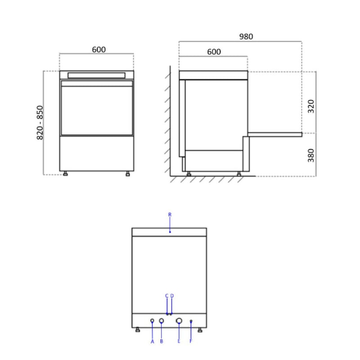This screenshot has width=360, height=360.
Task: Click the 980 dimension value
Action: (x=246, y=37)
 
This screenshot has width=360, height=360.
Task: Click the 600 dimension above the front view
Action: (x=99, y=49)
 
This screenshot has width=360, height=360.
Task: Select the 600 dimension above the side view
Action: (x=214, y=52)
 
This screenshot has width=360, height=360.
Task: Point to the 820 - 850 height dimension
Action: (x=40, y=122)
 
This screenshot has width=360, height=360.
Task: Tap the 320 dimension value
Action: (x=311, y=106)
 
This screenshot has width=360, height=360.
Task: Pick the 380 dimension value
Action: (x=311, y=155)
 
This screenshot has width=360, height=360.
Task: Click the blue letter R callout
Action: (x=170, y=215)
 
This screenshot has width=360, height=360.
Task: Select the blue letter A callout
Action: (x=152, y=342)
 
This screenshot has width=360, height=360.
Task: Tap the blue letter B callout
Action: (x=162, y=342)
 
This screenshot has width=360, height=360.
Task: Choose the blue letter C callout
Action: (x=166, y=296)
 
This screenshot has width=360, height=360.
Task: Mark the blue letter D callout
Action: (x=172, y=296)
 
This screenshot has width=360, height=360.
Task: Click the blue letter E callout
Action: (x=179, y=342)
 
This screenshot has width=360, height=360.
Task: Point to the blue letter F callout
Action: (x=191, y=342)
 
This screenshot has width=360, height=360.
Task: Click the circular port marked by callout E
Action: (x=179, y=321)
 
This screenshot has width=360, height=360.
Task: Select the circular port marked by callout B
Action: (x=162, y=321)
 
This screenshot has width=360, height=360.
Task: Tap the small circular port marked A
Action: (x=152, y=321)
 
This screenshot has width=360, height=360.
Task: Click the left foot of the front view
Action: (x=66, y=174)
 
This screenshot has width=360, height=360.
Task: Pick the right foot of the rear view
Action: (x=199, y=331)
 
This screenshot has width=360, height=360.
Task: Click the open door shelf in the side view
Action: (x=274, y=134)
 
